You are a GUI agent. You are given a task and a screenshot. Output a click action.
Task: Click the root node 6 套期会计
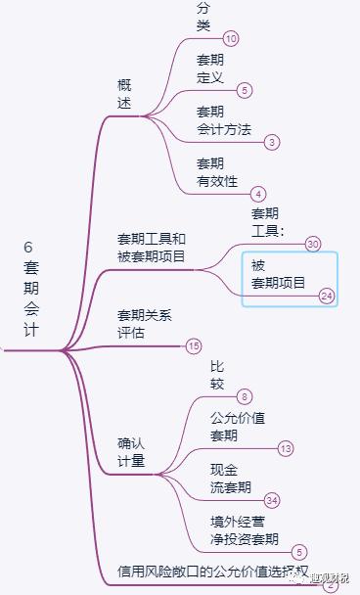click(x=31, y=289)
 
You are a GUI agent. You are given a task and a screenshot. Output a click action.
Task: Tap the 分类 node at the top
click(x=203, y=17)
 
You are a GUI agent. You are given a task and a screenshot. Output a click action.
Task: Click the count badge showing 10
click(x=231, y=38)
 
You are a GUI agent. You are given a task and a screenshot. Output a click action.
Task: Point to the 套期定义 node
click(x=210, y=68)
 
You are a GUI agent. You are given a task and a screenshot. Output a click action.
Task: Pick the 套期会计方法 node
click(x=223, y=119)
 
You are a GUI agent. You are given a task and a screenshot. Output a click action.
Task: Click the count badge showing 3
click(x=271, y=142)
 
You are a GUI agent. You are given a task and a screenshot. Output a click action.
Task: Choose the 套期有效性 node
click(x=216, y=171)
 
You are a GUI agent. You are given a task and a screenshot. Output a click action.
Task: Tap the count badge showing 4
click(x=258, y=194)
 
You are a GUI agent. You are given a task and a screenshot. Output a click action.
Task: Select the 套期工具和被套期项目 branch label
click(x=152, y=248)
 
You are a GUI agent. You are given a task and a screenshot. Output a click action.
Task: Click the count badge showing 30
click(x=313, y=244)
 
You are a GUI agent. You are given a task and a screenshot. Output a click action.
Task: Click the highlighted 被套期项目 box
click(x=289, y=277)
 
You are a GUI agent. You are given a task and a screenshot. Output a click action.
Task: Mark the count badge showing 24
click(x=327, y=295)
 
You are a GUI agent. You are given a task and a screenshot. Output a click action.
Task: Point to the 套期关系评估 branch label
click(x=145, y=324)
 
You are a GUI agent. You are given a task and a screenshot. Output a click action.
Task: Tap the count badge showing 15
click(x=194, y=345)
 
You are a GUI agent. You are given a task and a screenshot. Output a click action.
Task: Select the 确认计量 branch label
click(x=131, y=452)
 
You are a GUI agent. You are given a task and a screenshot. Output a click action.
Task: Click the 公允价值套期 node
click(x=238, y=426)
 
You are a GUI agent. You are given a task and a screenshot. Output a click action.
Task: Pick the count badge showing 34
click(x=272, y=500)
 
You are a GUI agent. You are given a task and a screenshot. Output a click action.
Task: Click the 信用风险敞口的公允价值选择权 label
click(x=212, y=571)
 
